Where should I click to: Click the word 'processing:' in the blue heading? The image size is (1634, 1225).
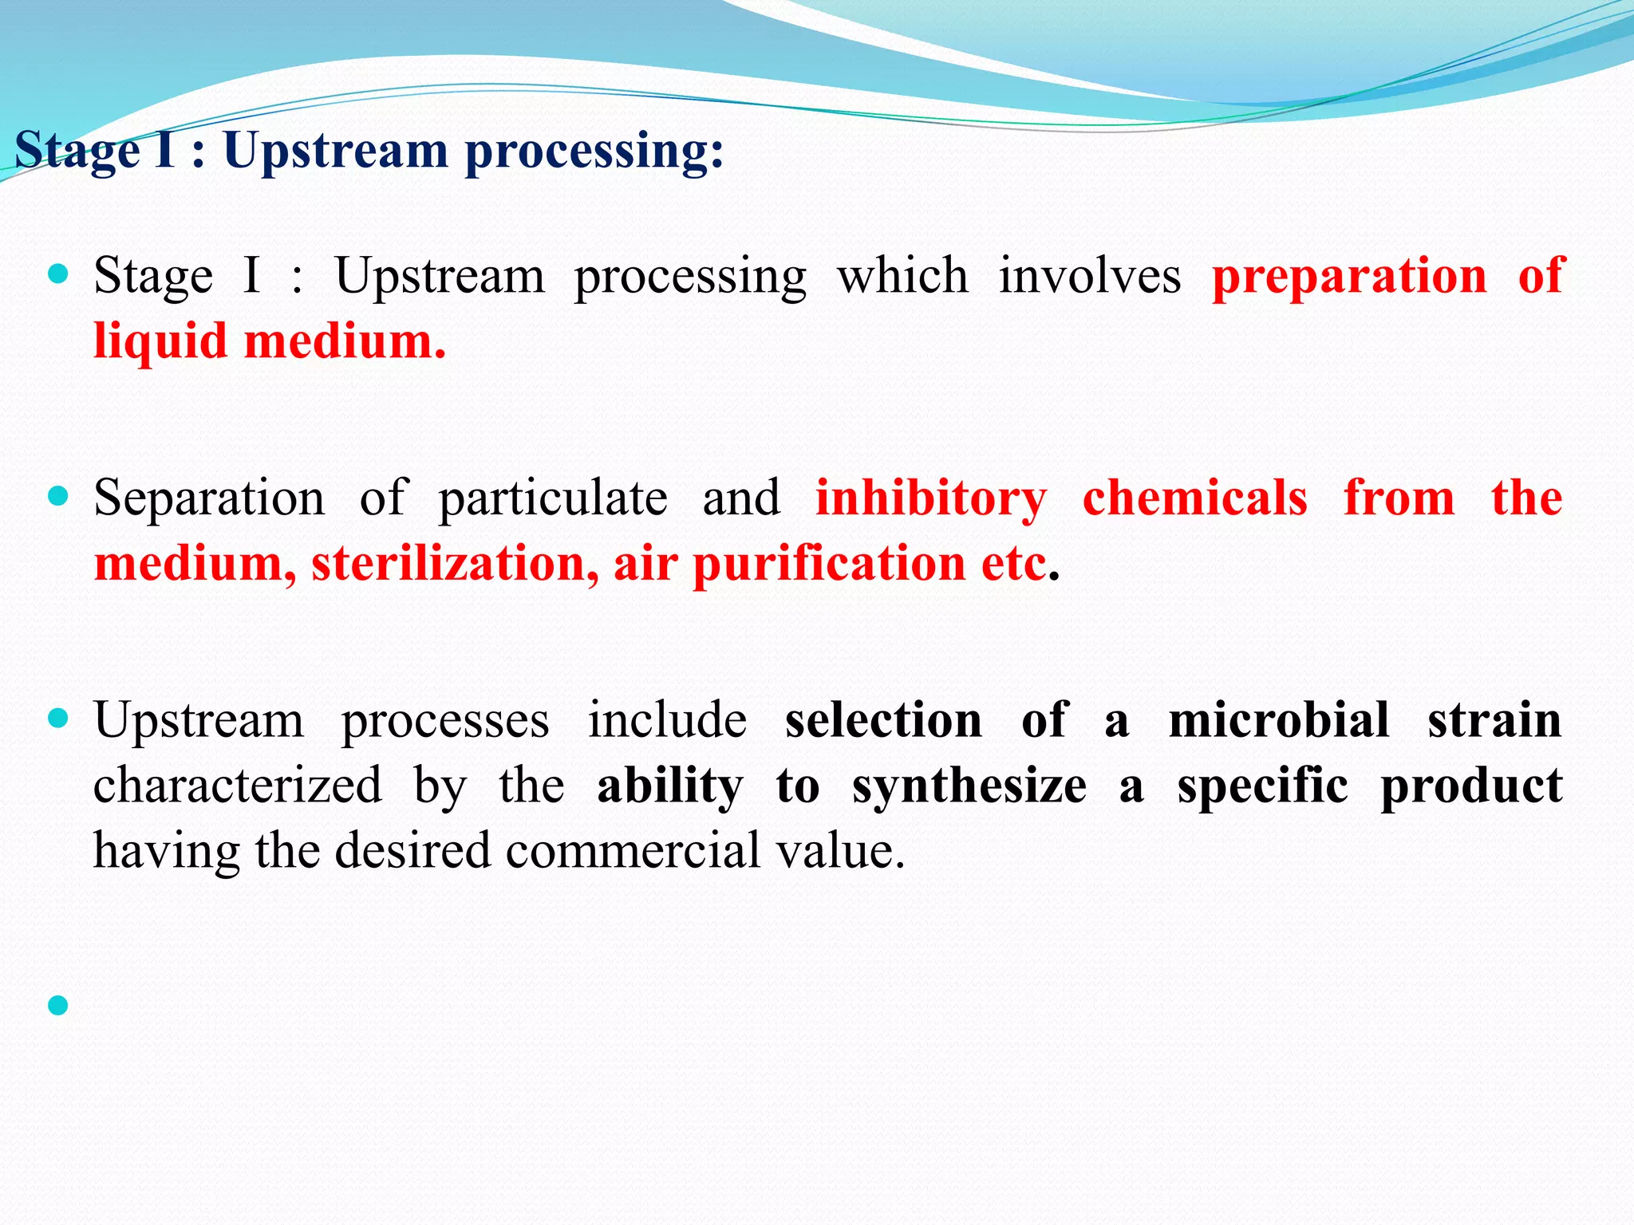coord(594,152)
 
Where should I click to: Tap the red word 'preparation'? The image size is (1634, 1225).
coord(1349,277)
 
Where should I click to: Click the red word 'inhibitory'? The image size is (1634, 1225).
coord(930,498)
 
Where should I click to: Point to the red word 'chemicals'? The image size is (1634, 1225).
coord(1194,498)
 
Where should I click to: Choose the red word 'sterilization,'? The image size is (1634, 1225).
coord(455,564)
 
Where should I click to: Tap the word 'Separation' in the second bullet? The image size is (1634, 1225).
coord(209,498)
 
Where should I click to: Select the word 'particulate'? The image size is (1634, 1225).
coord(553,500)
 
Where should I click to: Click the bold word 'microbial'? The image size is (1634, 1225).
coord(1278,720)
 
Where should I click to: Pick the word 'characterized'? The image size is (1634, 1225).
coord(237,786)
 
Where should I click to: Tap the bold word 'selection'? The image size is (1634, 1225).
coord(883,720)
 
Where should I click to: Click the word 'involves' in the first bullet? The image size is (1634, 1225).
coord(1089,277)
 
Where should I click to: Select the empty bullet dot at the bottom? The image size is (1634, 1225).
coord(58,1005)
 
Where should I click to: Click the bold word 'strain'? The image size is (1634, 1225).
coord(1494,720)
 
